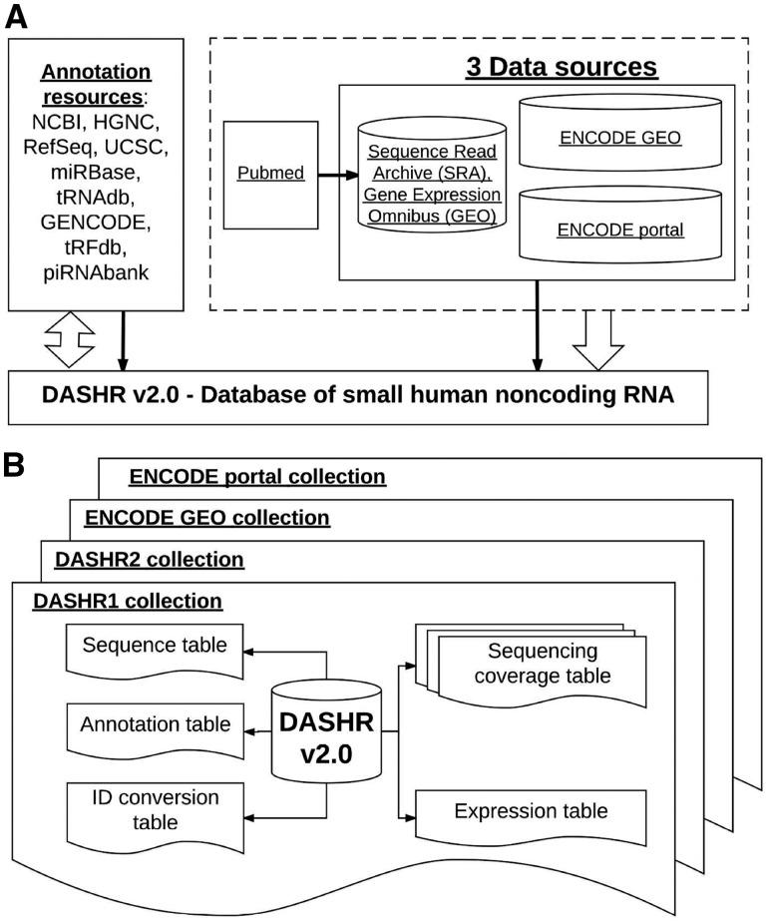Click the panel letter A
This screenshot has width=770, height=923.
click(x=18, y=16)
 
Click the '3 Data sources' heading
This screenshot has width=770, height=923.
click(x=563, y=67)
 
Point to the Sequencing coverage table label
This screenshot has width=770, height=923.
click(x=543, y=664)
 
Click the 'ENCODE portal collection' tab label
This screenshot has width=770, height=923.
click(x=257, y=476)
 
